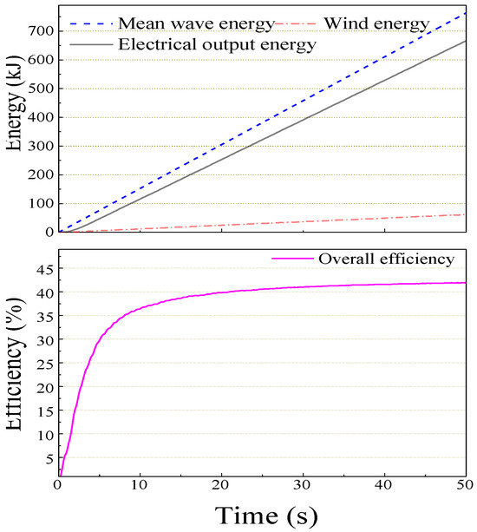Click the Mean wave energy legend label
199,20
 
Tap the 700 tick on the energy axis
41,31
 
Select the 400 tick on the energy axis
41,117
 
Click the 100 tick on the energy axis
41,203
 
